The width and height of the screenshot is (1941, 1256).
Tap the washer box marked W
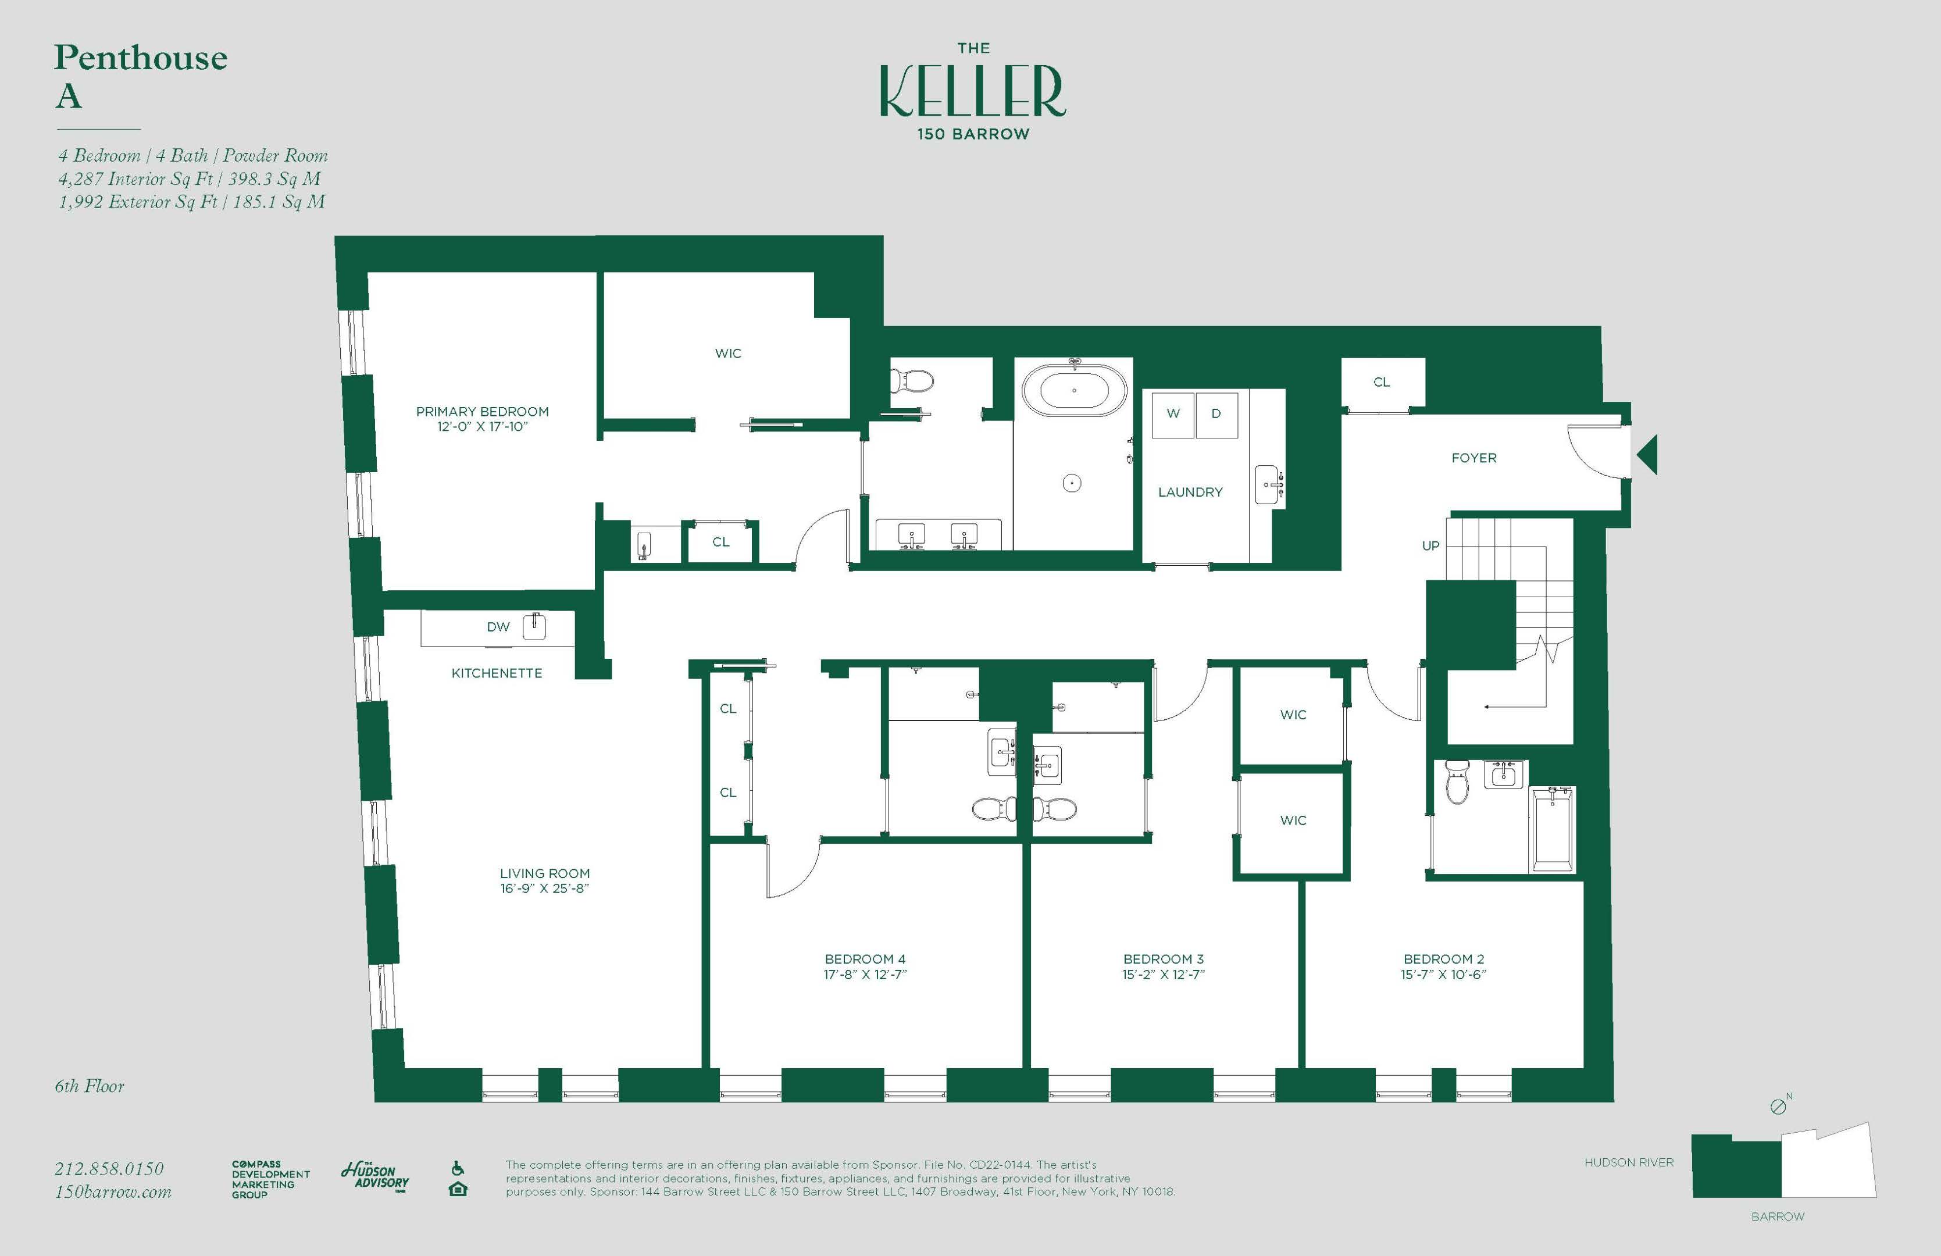click(x=1173, y=413)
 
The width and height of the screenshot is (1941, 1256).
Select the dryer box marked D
click(x=1216, y=413)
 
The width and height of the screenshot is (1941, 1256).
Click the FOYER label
click(x=1473, y=458)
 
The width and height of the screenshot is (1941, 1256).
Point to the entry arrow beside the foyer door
click(x=1647, y=454)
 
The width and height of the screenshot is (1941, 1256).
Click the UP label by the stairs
click(x=1430, y=545)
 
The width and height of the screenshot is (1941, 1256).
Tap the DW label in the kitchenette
click(x=498, y=626)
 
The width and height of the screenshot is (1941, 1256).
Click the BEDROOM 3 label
click(x=1163, y=959)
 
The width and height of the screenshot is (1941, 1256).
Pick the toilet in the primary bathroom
click(x=912, y=381)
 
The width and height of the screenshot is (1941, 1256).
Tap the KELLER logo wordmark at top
click(x=972, y=91)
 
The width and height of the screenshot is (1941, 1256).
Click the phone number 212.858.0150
click(x=109, y=1169)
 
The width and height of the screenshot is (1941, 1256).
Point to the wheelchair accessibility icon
click(x=458, y=1169)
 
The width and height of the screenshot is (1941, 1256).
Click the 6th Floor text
click(x=90, y=1086)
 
